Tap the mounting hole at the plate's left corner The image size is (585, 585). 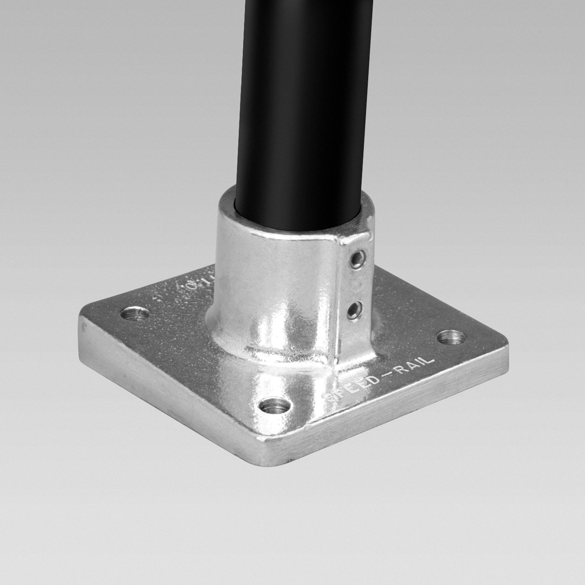tap(135, 314)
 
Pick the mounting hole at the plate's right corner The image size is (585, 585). tap(452, 337)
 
